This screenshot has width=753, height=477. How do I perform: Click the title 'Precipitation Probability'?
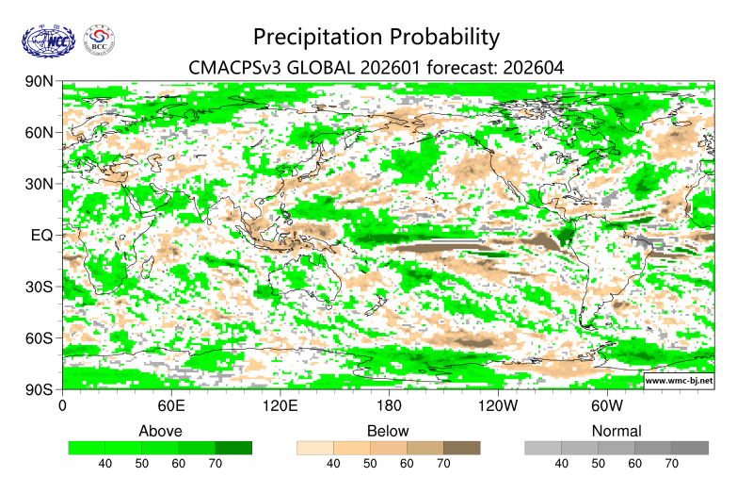coord(376,37)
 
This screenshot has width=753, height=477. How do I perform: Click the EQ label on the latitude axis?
coord(41,235)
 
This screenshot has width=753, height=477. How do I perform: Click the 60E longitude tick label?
coord(170,406)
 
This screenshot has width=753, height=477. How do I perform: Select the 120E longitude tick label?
coord(280,406)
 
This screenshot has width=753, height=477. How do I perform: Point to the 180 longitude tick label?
coord(389,406)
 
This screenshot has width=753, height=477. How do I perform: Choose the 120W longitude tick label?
coord(498,406)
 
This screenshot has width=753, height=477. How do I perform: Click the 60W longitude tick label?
coord(607,406)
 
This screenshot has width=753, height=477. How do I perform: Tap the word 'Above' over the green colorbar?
coord(160,431)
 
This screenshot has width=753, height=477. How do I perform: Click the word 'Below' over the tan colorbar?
coord(388,431)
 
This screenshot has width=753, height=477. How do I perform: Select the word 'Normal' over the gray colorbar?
coord(617,431)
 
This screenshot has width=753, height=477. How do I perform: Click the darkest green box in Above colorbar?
coord(233,448)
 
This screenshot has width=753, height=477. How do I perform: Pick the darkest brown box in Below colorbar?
coord(461,448)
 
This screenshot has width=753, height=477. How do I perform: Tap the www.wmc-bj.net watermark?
coord(678,381)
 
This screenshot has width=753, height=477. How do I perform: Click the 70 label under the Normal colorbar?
coord(671,464)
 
